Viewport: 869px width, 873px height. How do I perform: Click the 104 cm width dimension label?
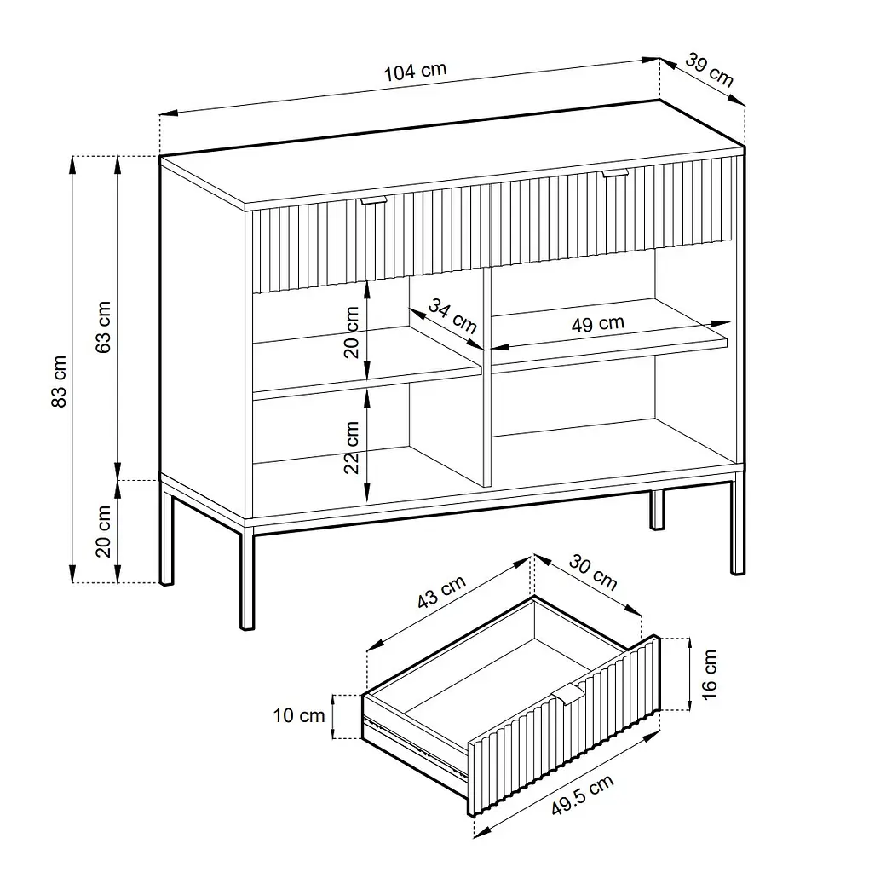[415, 72]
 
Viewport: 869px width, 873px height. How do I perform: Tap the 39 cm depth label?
[710, 70]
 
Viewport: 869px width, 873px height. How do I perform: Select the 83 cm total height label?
[59, 381]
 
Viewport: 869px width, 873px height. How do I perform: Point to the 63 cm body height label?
[103, 327]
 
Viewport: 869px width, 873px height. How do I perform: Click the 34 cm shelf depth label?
[452, 315]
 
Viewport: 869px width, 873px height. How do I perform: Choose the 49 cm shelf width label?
[598, 323]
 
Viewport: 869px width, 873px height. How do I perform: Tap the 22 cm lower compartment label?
[351, 447]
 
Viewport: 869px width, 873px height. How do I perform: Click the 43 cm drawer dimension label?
[441, 592]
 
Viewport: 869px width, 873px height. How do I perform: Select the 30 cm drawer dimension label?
[593, 572]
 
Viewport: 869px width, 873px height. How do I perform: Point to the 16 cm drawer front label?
[709, 674]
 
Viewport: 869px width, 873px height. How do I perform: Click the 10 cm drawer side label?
[299, 715]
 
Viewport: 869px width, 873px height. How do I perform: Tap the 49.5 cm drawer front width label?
[583, 795]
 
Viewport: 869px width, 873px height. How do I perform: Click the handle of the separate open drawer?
[568, 695]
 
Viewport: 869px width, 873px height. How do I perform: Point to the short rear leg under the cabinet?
[657, 510]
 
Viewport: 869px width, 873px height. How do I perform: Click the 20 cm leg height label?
[103, 531]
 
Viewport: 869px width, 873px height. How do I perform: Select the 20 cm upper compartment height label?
[351, 332]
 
